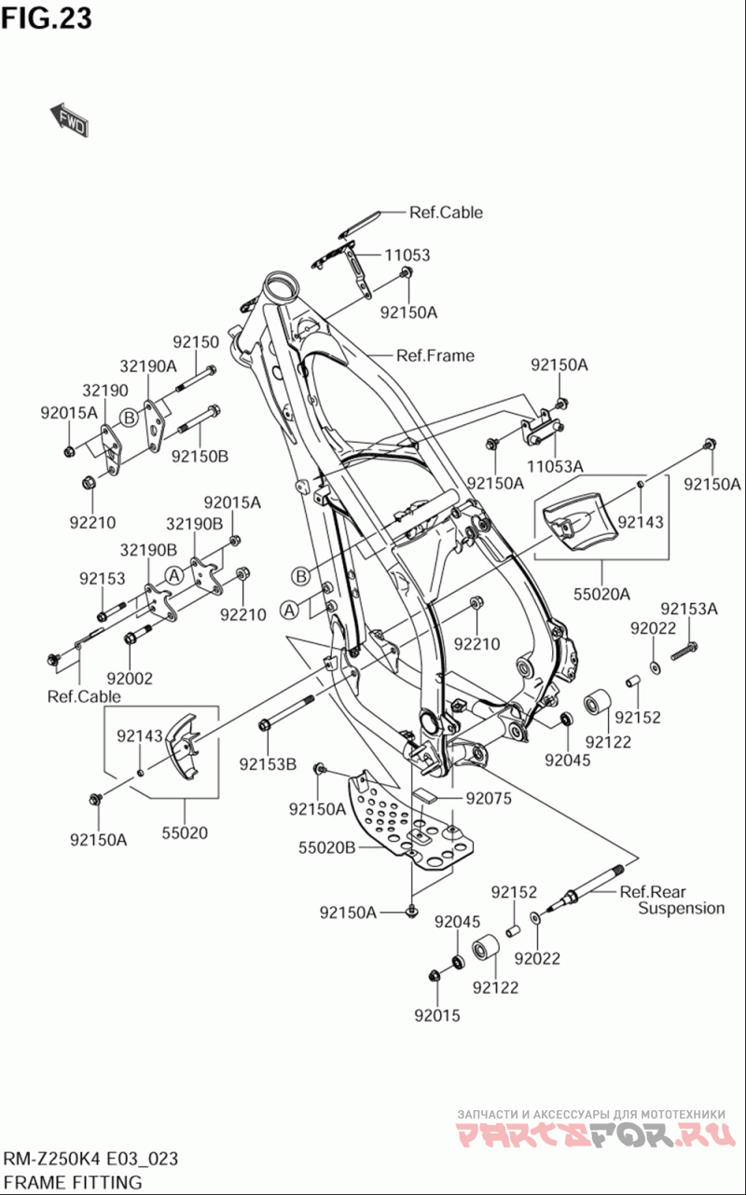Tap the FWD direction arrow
pos(70,120)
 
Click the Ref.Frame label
pos(435,355)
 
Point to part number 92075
pos(490,798)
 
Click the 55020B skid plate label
pos(327,848)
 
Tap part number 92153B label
pos(268,764)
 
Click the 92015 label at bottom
pos(437,1016)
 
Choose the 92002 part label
pos(130,679)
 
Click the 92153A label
pos(689,610)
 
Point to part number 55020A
pos(601,593)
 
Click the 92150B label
pos(200,456)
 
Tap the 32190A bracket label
pos(148,366)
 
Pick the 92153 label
pos(102,579)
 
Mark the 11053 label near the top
pos(407,254)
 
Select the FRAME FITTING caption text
pos(74,1183)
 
